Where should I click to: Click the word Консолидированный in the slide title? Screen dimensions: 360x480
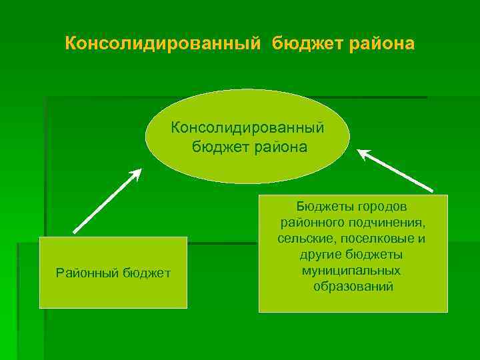[x=163, y=44]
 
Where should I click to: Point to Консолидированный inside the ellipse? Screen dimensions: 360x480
[x=248, y=126]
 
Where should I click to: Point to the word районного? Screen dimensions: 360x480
[x=309, y=222]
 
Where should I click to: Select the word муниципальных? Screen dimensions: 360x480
[x=351, y=271]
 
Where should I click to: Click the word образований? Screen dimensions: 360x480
[x=353, y=287]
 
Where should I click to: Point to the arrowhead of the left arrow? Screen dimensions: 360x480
[x=136, y=173]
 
